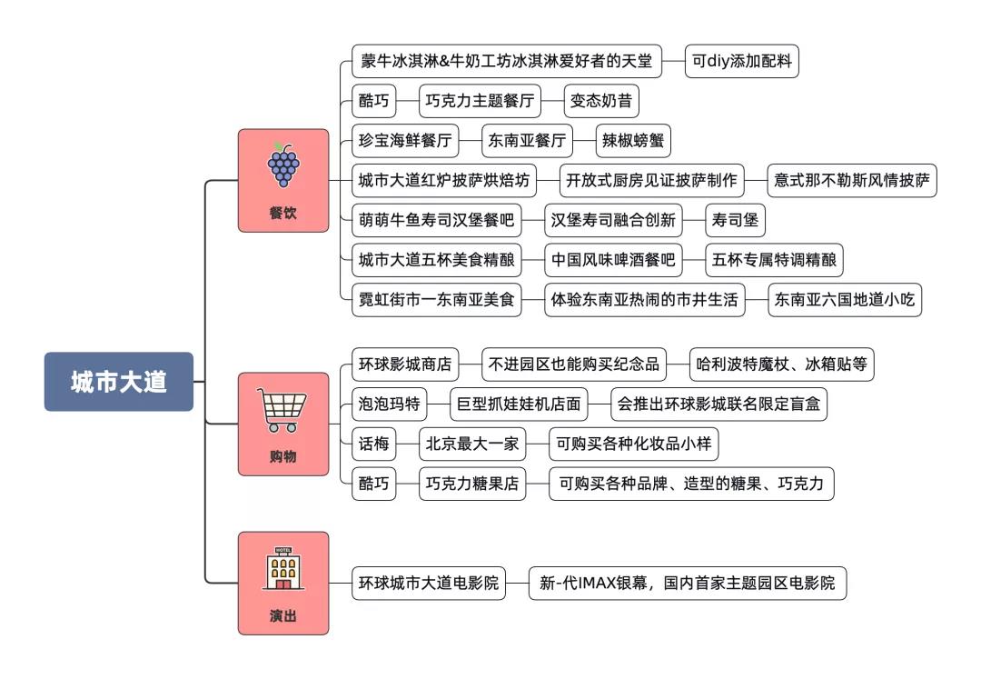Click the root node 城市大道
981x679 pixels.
pos(119,381)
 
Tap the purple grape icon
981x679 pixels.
pos(283,165)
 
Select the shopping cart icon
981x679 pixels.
pos(283,411)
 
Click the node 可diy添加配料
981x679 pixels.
pos(741,62)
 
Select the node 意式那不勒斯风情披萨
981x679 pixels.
pos(850,179)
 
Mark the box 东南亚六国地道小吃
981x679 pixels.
pos(845,299)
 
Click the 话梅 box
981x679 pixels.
pos(373,444)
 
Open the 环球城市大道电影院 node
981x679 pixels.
pos(429,583)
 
